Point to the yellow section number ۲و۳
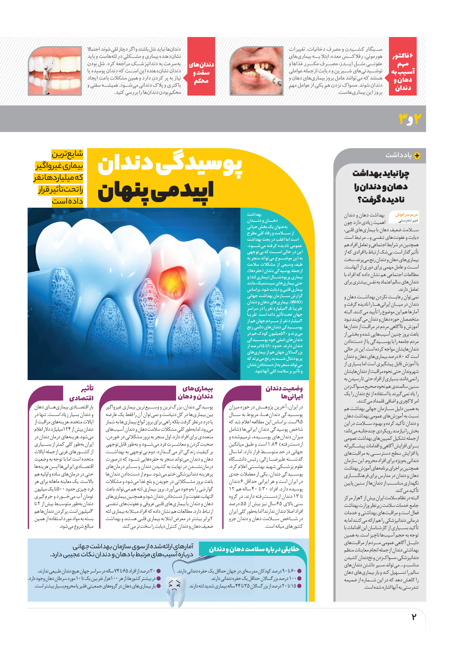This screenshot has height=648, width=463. (410, 118)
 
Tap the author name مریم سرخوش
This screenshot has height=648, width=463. (406, 215)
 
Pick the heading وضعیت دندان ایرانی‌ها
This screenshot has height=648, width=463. (284, 392)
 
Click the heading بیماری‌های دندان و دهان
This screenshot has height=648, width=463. (195, 392)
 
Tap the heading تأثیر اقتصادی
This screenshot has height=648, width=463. (81, 393)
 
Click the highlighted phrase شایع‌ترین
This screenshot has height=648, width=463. (67, 154)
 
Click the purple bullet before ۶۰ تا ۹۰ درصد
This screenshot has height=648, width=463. (299, 571)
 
